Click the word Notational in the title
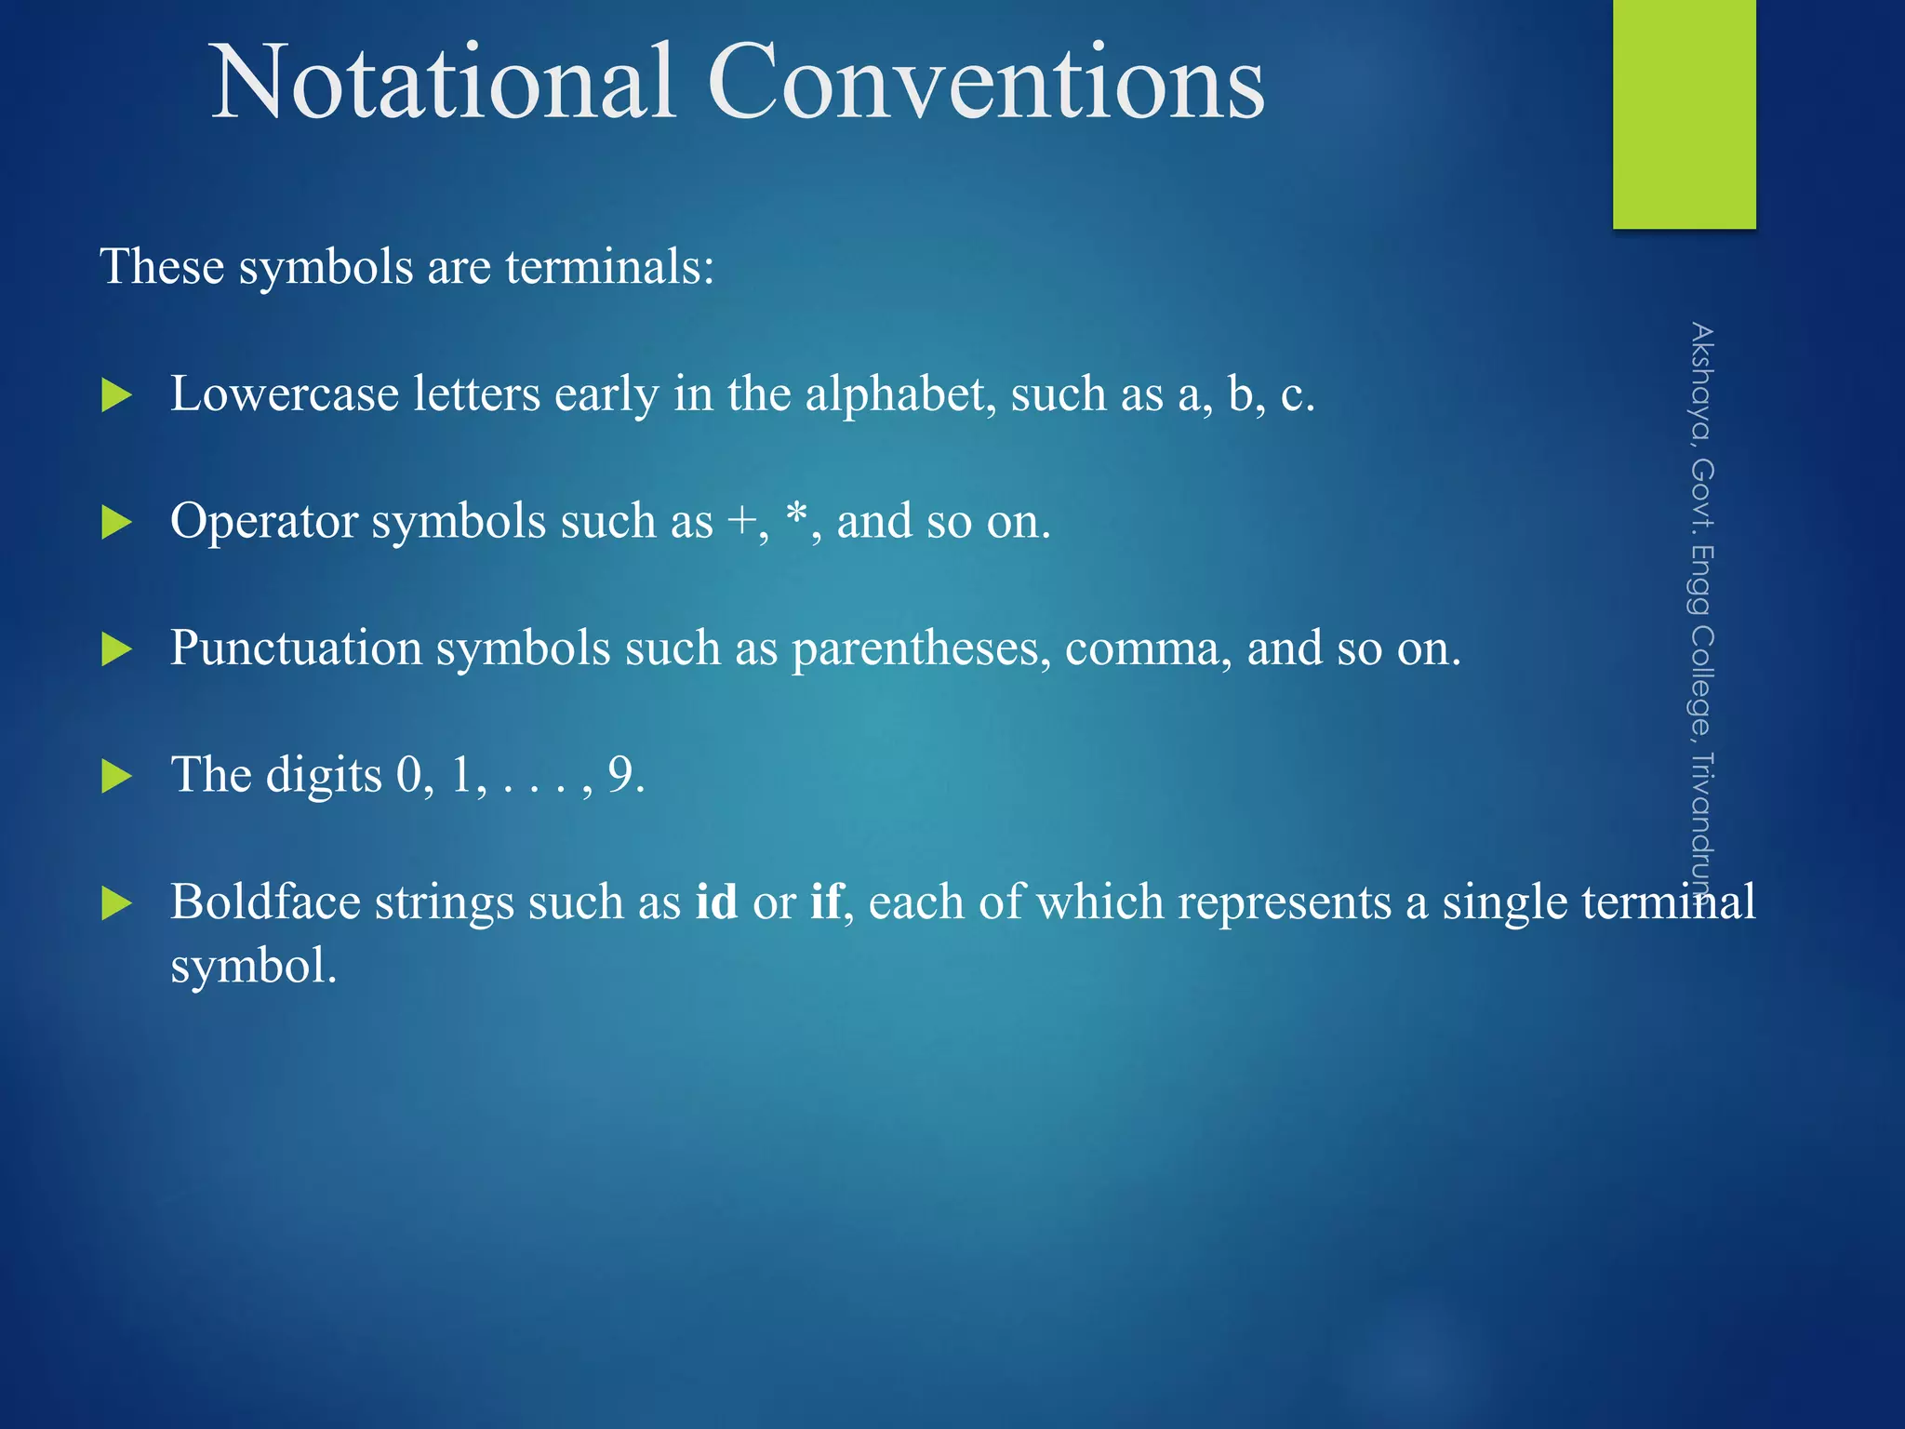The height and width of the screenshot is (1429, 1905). point(443,84)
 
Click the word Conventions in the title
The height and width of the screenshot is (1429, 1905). point(986,84)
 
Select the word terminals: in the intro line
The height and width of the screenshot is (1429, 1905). point(610,267)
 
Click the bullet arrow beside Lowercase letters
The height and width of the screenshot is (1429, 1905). point(116,395)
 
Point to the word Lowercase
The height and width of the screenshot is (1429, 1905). point(285,394)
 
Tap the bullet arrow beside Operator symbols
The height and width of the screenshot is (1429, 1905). point(116,523)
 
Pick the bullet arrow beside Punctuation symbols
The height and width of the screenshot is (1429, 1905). point(116,649)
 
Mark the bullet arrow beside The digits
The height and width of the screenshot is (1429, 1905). point(116,776)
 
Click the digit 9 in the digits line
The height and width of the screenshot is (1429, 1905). point(620,775)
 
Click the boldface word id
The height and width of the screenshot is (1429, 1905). point(716,901)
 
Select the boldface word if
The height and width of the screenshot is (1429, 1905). point(826,901)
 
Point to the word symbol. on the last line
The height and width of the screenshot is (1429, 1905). point(253,967)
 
